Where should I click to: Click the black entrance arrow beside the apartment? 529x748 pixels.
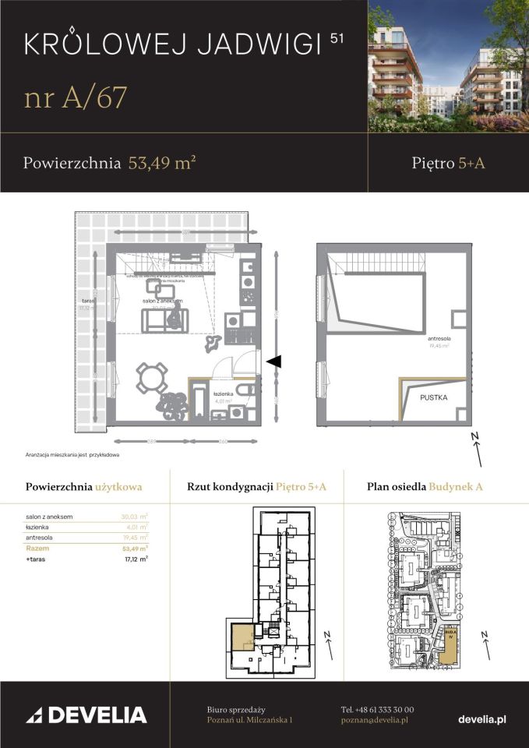[x=273, y=361]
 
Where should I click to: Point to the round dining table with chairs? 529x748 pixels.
[x=151, y=379]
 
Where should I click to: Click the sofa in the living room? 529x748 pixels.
[x=163, y=319]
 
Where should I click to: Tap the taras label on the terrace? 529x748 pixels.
[x=87, y=299]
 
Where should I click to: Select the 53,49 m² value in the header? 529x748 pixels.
[x=161, y=163]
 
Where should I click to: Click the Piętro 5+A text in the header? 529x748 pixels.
[x=448, y=163]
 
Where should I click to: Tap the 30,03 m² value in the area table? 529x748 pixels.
[x=134, y=516]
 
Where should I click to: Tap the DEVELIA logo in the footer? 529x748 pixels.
[x=86, y=714]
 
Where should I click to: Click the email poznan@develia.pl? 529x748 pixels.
[x=374, y=721]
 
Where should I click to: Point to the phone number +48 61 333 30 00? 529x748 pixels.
[x=377, y=709]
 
